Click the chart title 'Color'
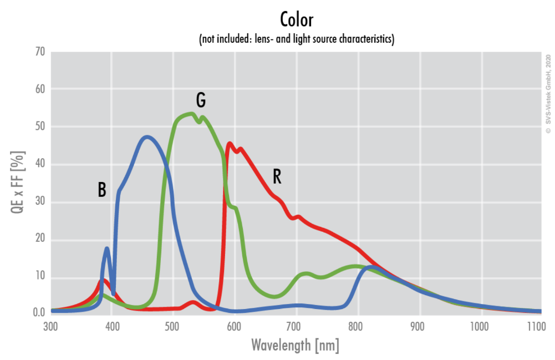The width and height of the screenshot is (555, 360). click(297, 20)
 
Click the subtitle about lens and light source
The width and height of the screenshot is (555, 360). click(297, 40)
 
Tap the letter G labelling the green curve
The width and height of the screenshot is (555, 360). click(201, 100)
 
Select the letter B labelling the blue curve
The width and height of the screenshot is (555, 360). click(102, 190)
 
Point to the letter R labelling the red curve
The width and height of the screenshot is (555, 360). click(277, 176)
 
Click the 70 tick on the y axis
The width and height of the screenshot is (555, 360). click(39, 52)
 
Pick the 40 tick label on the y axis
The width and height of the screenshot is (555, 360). click(39, 165)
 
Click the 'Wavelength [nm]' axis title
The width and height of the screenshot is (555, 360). click(295, 346)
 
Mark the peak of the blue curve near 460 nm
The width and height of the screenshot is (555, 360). click(146, 136)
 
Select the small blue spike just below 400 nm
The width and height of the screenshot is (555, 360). click(107, 249)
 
